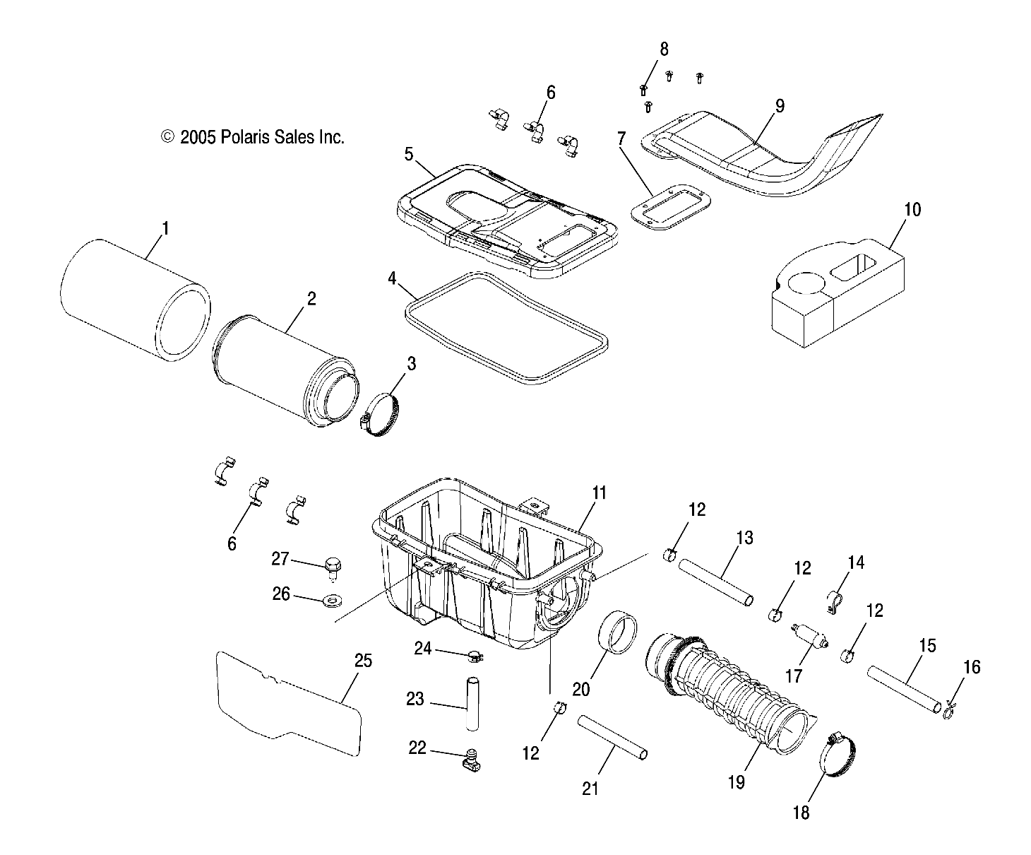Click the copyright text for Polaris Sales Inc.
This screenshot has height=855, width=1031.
point(253,137)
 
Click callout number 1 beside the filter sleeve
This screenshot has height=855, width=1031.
point(165,228)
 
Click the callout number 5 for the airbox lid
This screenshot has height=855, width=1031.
point(409,154)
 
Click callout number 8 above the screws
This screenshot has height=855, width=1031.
point(663,49)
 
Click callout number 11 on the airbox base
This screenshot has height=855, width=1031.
point(599,493)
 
